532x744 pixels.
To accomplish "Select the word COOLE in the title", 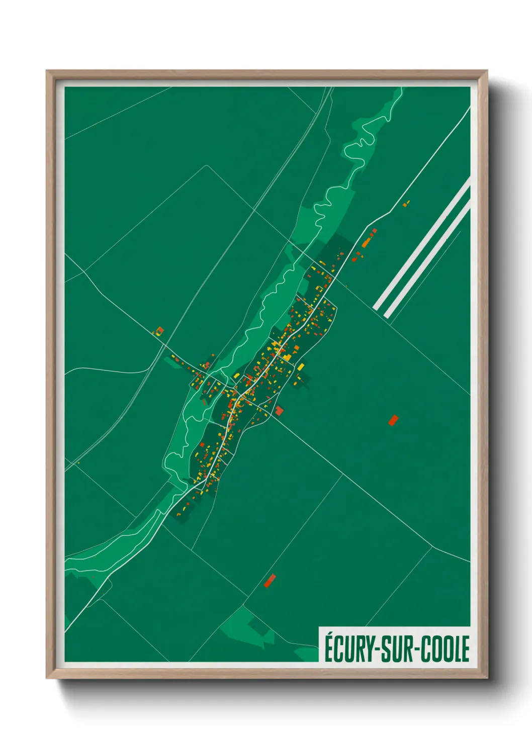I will pyautogui.click(x=445, y=649).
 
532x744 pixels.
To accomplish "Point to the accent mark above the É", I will pyautogui.click(x=329, y=635).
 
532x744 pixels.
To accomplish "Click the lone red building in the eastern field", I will pyautogui.click(x=393, y=420).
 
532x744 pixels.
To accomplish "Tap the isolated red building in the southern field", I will pyautogui.click(x=270, y=581).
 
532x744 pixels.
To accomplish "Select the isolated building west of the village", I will pyautogui.click(x=160, y=331).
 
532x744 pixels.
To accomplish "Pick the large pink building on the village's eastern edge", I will pyautogui.click(x=279, y=411).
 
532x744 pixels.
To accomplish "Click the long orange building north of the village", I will pyautogui.click(x=367, y=242).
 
